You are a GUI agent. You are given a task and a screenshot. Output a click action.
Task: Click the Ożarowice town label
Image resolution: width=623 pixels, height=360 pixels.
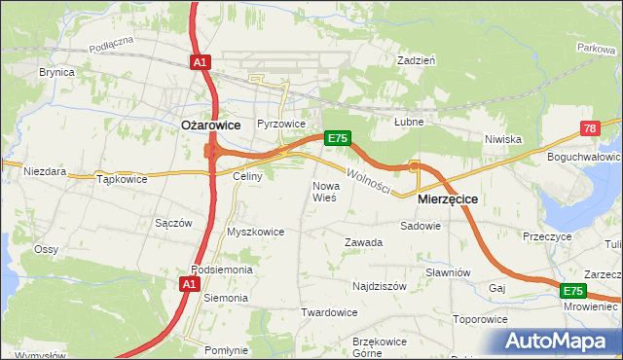211,125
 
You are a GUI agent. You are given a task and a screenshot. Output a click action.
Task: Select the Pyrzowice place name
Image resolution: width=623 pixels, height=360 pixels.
281,125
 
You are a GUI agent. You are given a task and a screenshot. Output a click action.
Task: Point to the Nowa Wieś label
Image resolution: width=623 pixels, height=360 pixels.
324,191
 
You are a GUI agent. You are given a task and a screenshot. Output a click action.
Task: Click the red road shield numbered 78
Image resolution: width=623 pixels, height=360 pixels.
590,128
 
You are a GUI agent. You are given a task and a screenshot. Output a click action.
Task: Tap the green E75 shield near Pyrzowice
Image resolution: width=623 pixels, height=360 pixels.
337,138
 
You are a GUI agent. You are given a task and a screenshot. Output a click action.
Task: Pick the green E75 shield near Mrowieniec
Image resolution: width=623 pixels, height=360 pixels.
572,291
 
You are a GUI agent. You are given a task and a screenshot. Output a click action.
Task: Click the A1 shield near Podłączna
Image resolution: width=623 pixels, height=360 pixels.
200,62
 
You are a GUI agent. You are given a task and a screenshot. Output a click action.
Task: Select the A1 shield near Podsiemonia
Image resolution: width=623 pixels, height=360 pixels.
190,284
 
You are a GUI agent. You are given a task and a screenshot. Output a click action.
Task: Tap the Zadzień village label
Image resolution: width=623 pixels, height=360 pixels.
416,59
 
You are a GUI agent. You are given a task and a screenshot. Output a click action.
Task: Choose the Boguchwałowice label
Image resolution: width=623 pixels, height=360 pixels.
584,157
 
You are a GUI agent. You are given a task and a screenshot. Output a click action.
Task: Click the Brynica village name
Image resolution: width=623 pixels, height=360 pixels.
57,72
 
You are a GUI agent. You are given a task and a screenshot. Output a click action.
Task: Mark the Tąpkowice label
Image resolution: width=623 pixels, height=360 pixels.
122,179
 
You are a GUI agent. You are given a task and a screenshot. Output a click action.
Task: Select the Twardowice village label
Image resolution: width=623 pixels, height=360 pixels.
329,312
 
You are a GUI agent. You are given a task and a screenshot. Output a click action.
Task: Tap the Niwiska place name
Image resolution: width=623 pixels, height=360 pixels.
503,139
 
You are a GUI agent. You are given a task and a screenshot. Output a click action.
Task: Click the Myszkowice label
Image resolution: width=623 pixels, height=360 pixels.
255,232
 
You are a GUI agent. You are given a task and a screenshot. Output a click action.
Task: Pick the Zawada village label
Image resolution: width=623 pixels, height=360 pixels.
362,241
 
